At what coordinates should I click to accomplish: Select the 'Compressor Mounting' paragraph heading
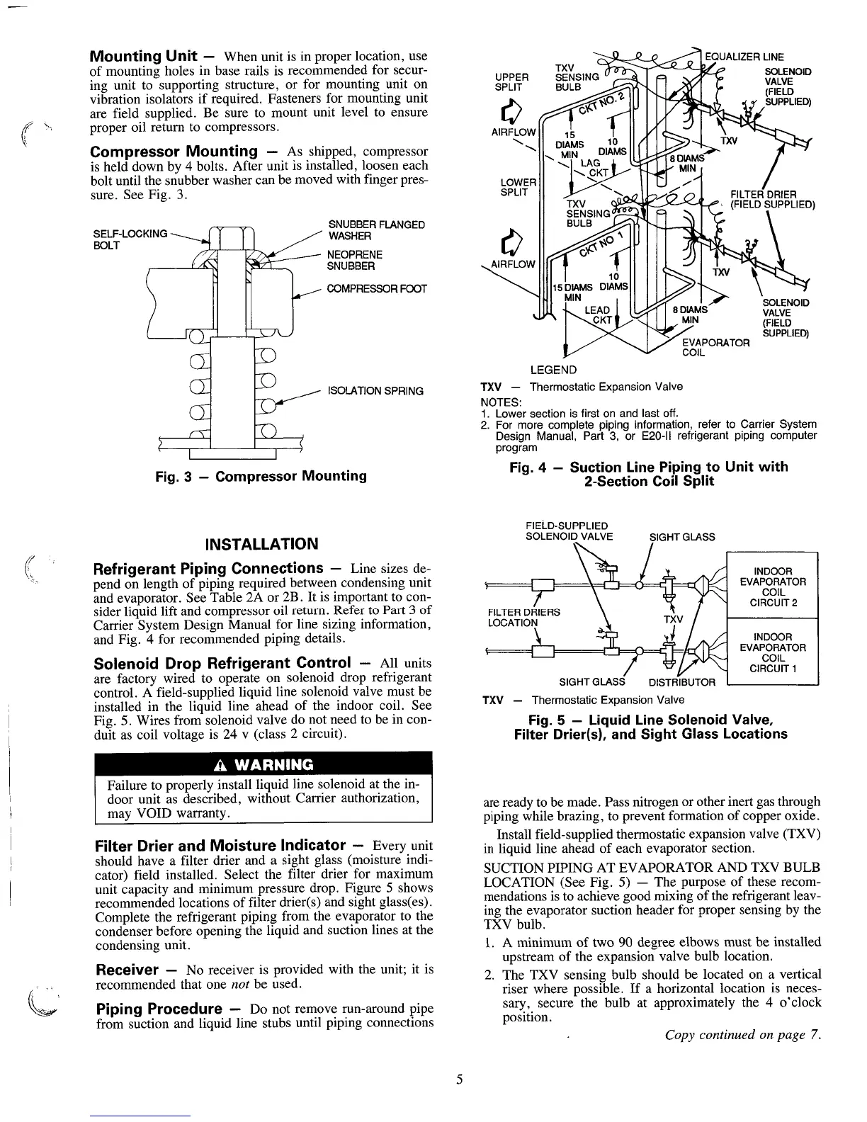pyautogui.click(x=175, y=152)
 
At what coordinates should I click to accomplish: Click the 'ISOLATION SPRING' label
pyautogui.click(x=374, y=391)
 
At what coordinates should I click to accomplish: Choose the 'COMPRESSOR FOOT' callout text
pyautogui.click(x=376, y=289)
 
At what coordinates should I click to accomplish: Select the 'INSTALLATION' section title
pyautogui.click(x=261, y=544)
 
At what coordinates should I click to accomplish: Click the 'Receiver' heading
pyautogui.click(x=125, y=970)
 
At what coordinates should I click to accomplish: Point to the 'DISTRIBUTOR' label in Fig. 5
pyautogui.click(x=682, y=683)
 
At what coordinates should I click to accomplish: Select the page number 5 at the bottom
pyautogui.click(x=459, y=1079)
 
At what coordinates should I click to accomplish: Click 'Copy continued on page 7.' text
pyautogui.click(x=742, y=1036)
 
